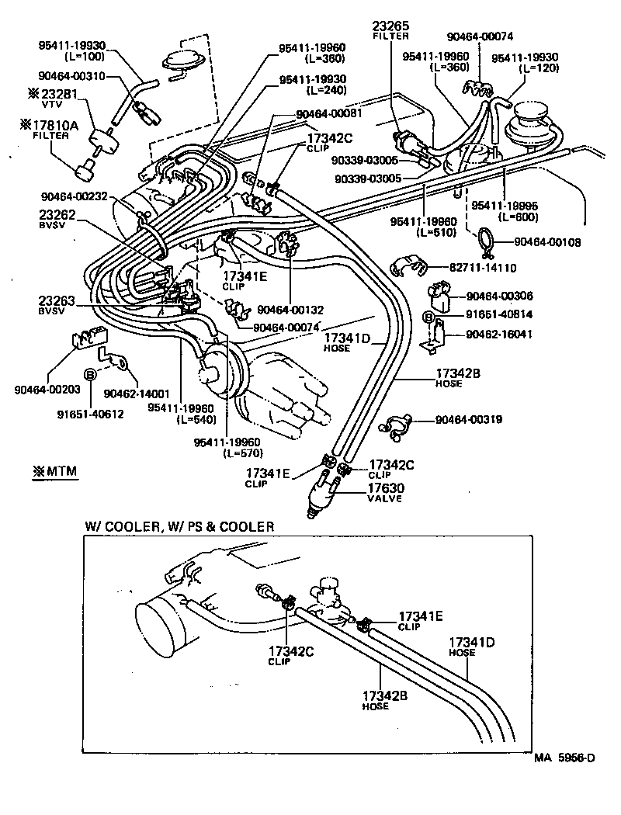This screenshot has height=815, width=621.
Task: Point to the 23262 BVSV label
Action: click(x=57, y=220)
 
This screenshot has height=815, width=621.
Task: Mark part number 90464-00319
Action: click(x=469, y=420)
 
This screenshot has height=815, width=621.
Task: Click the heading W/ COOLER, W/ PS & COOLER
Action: click(x=179, y=526)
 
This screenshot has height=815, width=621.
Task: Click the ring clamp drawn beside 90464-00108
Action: click(x=485, y=241)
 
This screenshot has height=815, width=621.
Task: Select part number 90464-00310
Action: click(x=71, y=75)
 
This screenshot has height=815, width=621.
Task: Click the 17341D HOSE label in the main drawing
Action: click(x=348, y=342)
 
